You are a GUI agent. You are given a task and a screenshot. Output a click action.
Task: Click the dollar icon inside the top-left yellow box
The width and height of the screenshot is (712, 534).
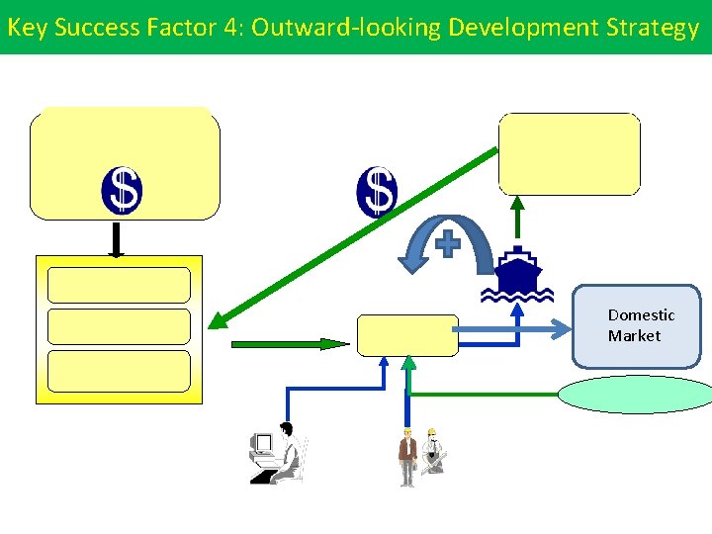point(122,191)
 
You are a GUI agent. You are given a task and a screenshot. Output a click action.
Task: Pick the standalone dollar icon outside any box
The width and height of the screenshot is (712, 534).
point(377,191)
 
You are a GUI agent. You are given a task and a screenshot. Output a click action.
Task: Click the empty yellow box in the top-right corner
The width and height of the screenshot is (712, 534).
point(569,153)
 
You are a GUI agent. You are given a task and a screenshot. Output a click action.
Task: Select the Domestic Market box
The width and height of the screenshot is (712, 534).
point(637,326)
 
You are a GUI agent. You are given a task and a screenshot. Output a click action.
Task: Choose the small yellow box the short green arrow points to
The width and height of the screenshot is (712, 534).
point(407,335)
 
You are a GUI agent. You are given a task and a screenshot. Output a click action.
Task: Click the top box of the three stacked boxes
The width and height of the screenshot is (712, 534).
point(119,285)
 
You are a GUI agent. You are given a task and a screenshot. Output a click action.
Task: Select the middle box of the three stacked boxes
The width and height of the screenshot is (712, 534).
point(119,326)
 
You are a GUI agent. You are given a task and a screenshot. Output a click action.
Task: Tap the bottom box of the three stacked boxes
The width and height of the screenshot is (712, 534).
point(119,371)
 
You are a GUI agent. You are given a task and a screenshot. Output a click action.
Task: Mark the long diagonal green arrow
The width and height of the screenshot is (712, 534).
point(356,237)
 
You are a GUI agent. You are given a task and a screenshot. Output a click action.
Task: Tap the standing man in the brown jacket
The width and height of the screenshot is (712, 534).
point(406,457)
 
